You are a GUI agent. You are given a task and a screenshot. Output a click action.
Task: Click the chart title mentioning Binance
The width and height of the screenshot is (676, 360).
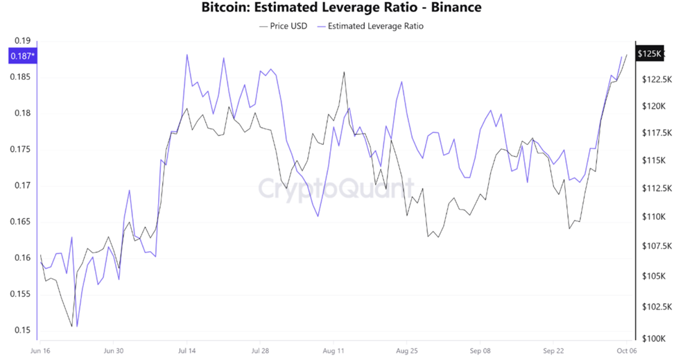click(x=340, y=8)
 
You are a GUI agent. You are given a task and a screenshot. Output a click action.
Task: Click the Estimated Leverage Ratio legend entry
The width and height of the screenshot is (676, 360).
click(x=370, y=26)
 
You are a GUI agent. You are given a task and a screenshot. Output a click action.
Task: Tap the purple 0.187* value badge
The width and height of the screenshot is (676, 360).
click(x=21, y=55)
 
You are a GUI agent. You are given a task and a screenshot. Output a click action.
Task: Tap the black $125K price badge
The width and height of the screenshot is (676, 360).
click(x=650, y=54)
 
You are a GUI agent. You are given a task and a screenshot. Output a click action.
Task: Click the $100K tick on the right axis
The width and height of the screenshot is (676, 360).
click(x=654, y=339)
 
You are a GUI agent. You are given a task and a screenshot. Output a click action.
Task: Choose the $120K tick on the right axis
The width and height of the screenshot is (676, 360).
click(x=654, y=106)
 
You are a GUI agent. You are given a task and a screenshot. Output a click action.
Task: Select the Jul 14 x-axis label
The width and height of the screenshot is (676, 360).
click(x=187, y=351)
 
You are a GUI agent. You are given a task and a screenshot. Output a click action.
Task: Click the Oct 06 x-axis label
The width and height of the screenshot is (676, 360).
click(x=627, y=351)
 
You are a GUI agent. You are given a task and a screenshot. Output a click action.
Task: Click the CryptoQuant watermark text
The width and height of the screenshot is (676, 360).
click(x=336, y=187)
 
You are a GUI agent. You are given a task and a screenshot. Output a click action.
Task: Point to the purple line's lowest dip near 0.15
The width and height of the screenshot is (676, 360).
click(x=77, y=325)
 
